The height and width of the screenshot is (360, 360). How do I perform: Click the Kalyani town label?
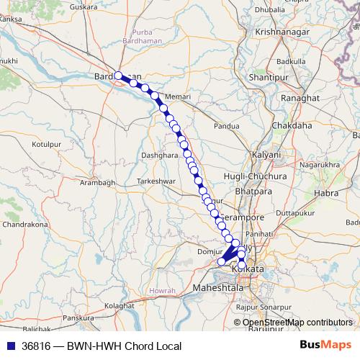tap(266, 155)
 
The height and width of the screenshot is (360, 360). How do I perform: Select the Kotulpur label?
tap(49, 144)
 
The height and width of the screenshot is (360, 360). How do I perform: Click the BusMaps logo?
tap(325, 345)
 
